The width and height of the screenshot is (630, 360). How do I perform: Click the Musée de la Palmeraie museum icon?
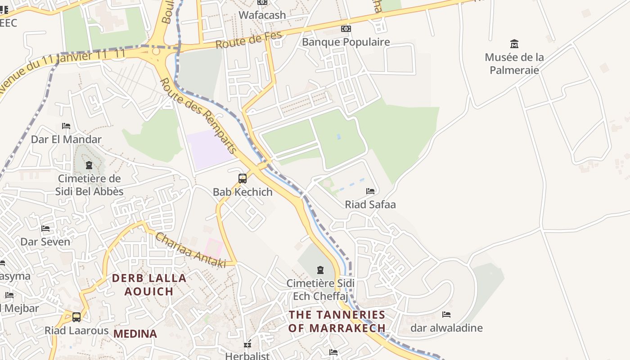514,44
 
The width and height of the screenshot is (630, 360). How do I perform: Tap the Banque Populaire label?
346,42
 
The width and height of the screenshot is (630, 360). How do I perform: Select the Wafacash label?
262,15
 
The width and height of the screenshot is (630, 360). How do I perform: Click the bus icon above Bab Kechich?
243,179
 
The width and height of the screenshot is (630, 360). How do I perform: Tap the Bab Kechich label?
243,192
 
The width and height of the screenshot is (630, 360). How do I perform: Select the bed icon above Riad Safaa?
370,191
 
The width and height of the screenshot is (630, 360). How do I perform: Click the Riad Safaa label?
370,205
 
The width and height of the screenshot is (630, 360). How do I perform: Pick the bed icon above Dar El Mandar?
66,126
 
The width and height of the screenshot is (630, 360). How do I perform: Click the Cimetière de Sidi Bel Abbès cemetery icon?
89,165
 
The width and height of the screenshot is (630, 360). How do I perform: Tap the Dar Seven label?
45,242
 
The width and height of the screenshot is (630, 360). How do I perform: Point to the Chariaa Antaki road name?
190,250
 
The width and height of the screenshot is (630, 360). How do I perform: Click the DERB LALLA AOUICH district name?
149,284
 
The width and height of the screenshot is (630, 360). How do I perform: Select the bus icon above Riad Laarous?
76,317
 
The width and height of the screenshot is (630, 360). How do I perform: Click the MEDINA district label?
135,334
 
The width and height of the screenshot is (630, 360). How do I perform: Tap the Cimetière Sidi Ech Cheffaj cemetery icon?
320,270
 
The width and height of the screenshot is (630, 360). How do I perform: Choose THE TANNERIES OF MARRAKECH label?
337,321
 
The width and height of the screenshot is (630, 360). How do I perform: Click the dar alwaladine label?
446,328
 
